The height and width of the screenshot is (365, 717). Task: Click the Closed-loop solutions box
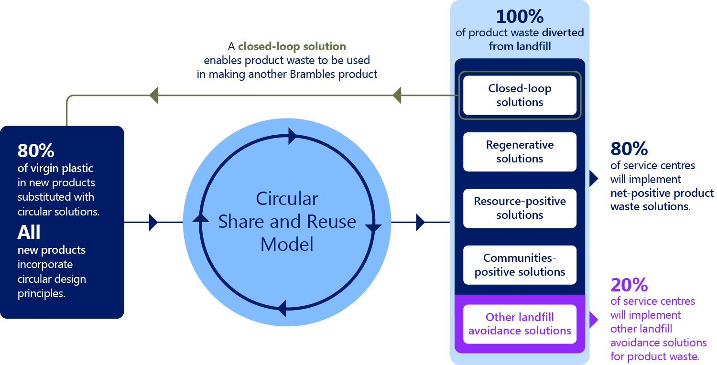coord(520,95)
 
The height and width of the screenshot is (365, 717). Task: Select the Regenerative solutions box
coord(520,151)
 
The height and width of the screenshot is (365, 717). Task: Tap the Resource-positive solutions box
coord(520,208)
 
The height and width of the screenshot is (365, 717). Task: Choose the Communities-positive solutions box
coord(520,265)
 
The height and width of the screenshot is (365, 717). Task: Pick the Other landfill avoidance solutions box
coord(520,324)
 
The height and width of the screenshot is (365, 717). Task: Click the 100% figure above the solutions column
coord(520,17)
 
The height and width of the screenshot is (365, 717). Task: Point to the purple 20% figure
coord(629,285)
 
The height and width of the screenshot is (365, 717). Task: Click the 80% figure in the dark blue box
coord(36,150)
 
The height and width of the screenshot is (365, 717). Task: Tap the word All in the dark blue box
coord(29,233)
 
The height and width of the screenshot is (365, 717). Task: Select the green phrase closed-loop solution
coord(292,47)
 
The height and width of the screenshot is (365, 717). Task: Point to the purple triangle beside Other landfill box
coord(593,320)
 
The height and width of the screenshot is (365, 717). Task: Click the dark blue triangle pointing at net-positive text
coord(593,179)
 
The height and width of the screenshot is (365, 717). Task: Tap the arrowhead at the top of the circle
coord(293,136)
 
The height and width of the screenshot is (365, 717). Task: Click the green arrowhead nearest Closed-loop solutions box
coord(397,95)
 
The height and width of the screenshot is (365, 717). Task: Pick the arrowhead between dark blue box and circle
coord(153,222)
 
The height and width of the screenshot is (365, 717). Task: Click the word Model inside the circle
coord(287,244)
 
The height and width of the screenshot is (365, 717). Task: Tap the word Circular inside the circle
coord(287,199)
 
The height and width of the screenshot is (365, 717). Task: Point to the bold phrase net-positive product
coord(662,193)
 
